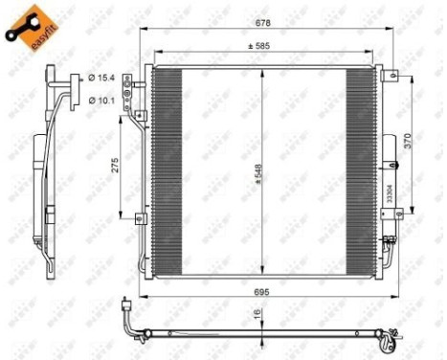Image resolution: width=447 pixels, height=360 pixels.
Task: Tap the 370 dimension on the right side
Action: (409, 139)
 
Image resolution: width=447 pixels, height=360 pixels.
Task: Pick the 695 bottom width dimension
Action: (264, 287)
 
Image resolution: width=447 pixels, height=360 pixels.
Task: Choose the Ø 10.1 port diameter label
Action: (101, 99)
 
